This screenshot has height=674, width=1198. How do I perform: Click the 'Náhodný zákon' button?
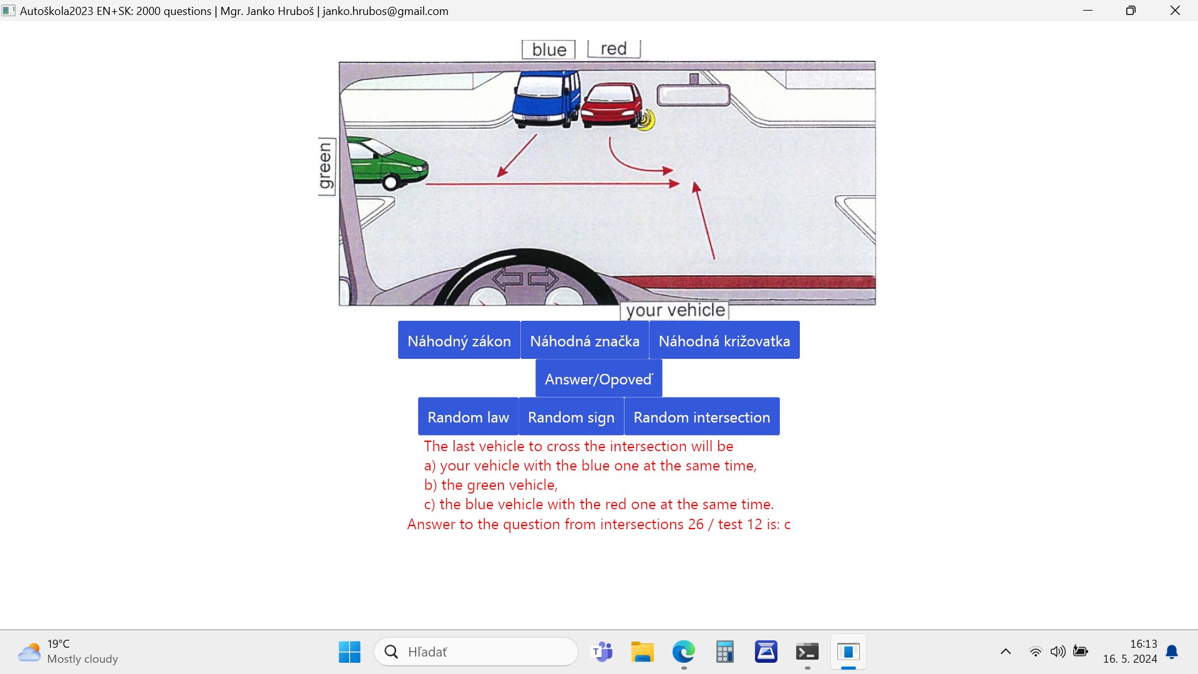click(x=459, y=340)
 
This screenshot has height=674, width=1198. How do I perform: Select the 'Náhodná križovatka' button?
click(x=724, y=340)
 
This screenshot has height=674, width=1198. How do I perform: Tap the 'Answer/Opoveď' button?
click(x=599, y=378)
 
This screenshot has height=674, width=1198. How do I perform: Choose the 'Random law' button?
click(x=468, y=416)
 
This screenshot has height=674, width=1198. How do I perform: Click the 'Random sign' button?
click(x=572, y=416)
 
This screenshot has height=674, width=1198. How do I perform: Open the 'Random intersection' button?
click(x=702, y=416)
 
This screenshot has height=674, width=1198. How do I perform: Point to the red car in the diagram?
click(x=611, y=105)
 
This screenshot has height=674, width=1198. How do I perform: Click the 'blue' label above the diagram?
click(x=549, y=50)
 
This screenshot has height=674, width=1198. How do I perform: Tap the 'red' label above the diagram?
click(x=614, y=49)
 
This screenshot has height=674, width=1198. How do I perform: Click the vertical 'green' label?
click(x=326, y=166)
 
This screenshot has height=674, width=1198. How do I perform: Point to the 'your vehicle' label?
click(x=675, y=310)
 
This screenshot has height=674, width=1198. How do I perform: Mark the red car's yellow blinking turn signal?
click(x=646, y=120)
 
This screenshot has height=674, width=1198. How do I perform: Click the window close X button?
click(x=1175, y=11)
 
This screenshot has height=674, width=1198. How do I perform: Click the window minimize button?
click(x=1088, y=11)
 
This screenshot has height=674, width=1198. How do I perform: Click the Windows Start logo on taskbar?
click(x=349, y=652)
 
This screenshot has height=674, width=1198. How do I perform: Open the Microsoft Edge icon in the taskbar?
click(x=684, y=652)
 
